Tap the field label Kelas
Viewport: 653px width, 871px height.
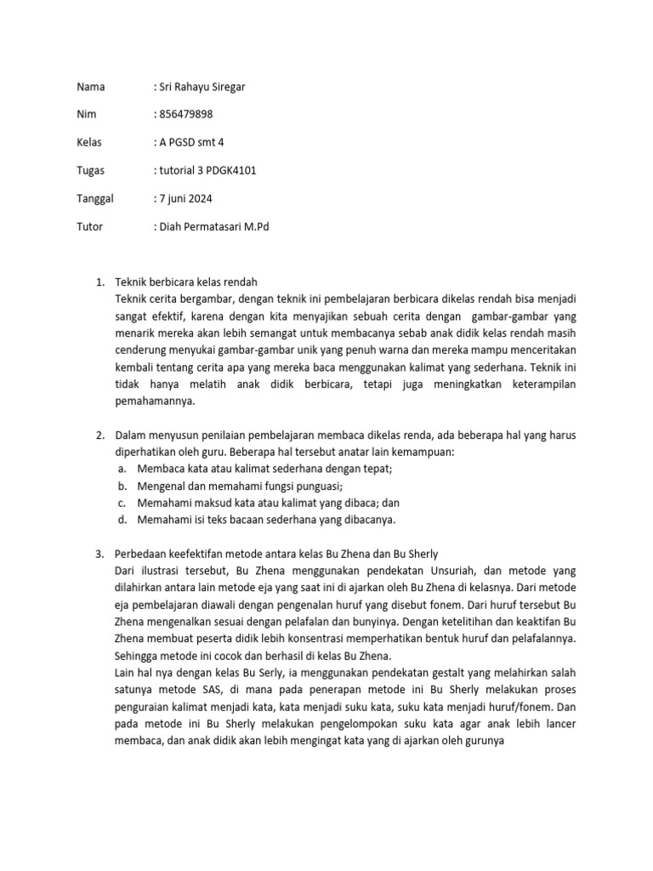pos(89,142)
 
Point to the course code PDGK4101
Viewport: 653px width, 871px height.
pos(231,170)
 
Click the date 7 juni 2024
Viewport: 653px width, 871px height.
pos(185,198)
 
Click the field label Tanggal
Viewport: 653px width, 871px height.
pos(95,198)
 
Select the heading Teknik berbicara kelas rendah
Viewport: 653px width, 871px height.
pos(185,282)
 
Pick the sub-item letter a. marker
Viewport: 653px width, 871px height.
pos(123,469)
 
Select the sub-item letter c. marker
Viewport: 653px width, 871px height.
pos(123,503)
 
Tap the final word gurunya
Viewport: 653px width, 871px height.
pos(481,741)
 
